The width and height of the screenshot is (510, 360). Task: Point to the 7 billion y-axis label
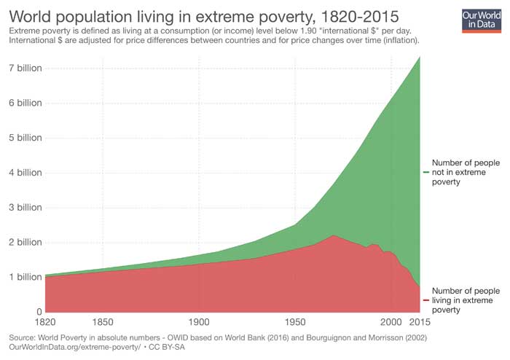[x=25, y=68]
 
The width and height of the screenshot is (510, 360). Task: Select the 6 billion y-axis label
[x=25, y=103]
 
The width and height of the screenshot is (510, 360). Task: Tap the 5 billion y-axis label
[x=25, y=138]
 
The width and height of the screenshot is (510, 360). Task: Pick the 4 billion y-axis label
[x=25, y=173]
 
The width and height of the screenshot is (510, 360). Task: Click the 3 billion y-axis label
[x=25, y=207]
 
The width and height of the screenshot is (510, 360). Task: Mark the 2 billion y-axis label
[x=25, y=242]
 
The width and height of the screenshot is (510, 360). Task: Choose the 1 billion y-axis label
[x=25, y=277]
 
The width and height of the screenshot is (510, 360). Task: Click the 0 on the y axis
[x=39, y=312]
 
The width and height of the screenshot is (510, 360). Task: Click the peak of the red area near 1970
[x=333, y=235]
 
